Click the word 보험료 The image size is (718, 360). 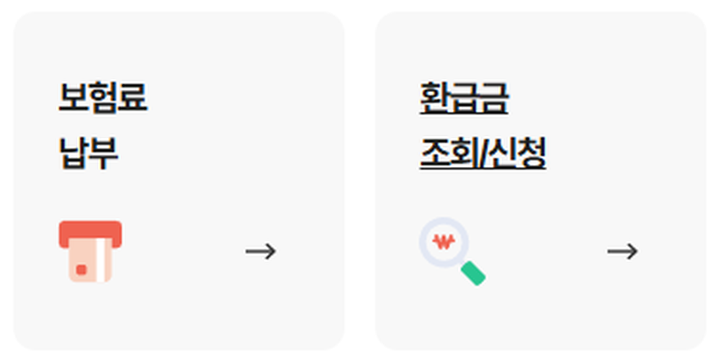click(x=103, y=98)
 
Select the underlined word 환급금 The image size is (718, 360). click(x=465, y=98)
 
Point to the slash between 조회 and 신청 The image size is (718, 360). click(x=481, y=153)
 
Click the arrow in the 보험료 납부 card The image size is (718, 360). click(x=261, y=251)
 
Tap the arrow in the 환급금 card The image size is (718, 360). click(x=622, y=251)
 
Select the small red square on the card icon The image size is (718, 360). click(x=81, y=269)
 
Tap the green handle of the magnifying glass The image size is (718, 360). click(x=473, y=273)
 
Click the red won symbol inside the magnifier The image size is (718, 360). click(x=444, y=240)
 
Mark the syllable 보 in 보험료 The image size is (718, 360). click(x=73, y=98)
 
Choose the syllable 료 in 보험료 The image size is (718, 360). click(x=133, y=98)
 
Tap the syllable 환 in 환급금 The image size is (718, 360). click(x=434, y=98)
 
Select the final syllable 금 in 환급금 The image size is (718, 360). click(x=495, y=98)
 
